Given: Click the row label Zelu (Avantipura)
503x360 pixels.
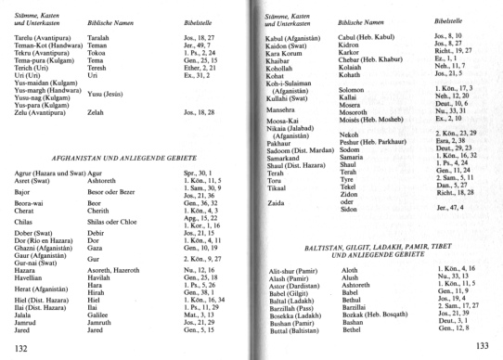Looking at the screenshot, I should click(42, 137).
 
